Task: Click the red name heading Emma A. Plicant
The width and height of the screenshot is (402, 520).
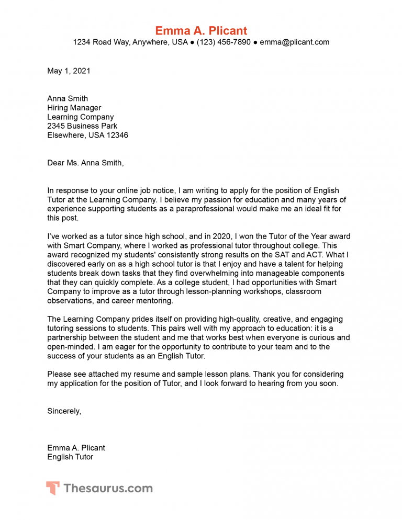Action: (201, 30)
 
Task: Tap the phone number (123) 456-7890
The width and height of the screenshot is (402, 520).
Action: (224, 42)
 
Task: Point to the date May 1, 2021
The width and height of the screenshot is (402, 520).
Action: (69, 71)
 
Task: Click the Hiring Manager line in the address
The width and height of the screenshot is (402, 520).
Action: (74, 108)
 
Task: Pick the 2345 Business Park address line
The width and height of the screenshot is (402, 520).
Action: (82, 126)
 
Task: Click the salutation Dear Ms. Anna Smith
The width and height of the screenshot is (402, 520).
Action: (85, 163)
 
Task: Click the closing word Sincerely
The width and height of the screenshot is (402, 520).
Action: (63, 411)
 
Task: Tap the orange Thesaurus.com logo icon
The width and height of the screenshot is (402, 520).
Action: (52, 489)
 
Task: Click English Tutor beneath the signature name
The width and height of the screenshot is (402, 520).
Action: (70, 457)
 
